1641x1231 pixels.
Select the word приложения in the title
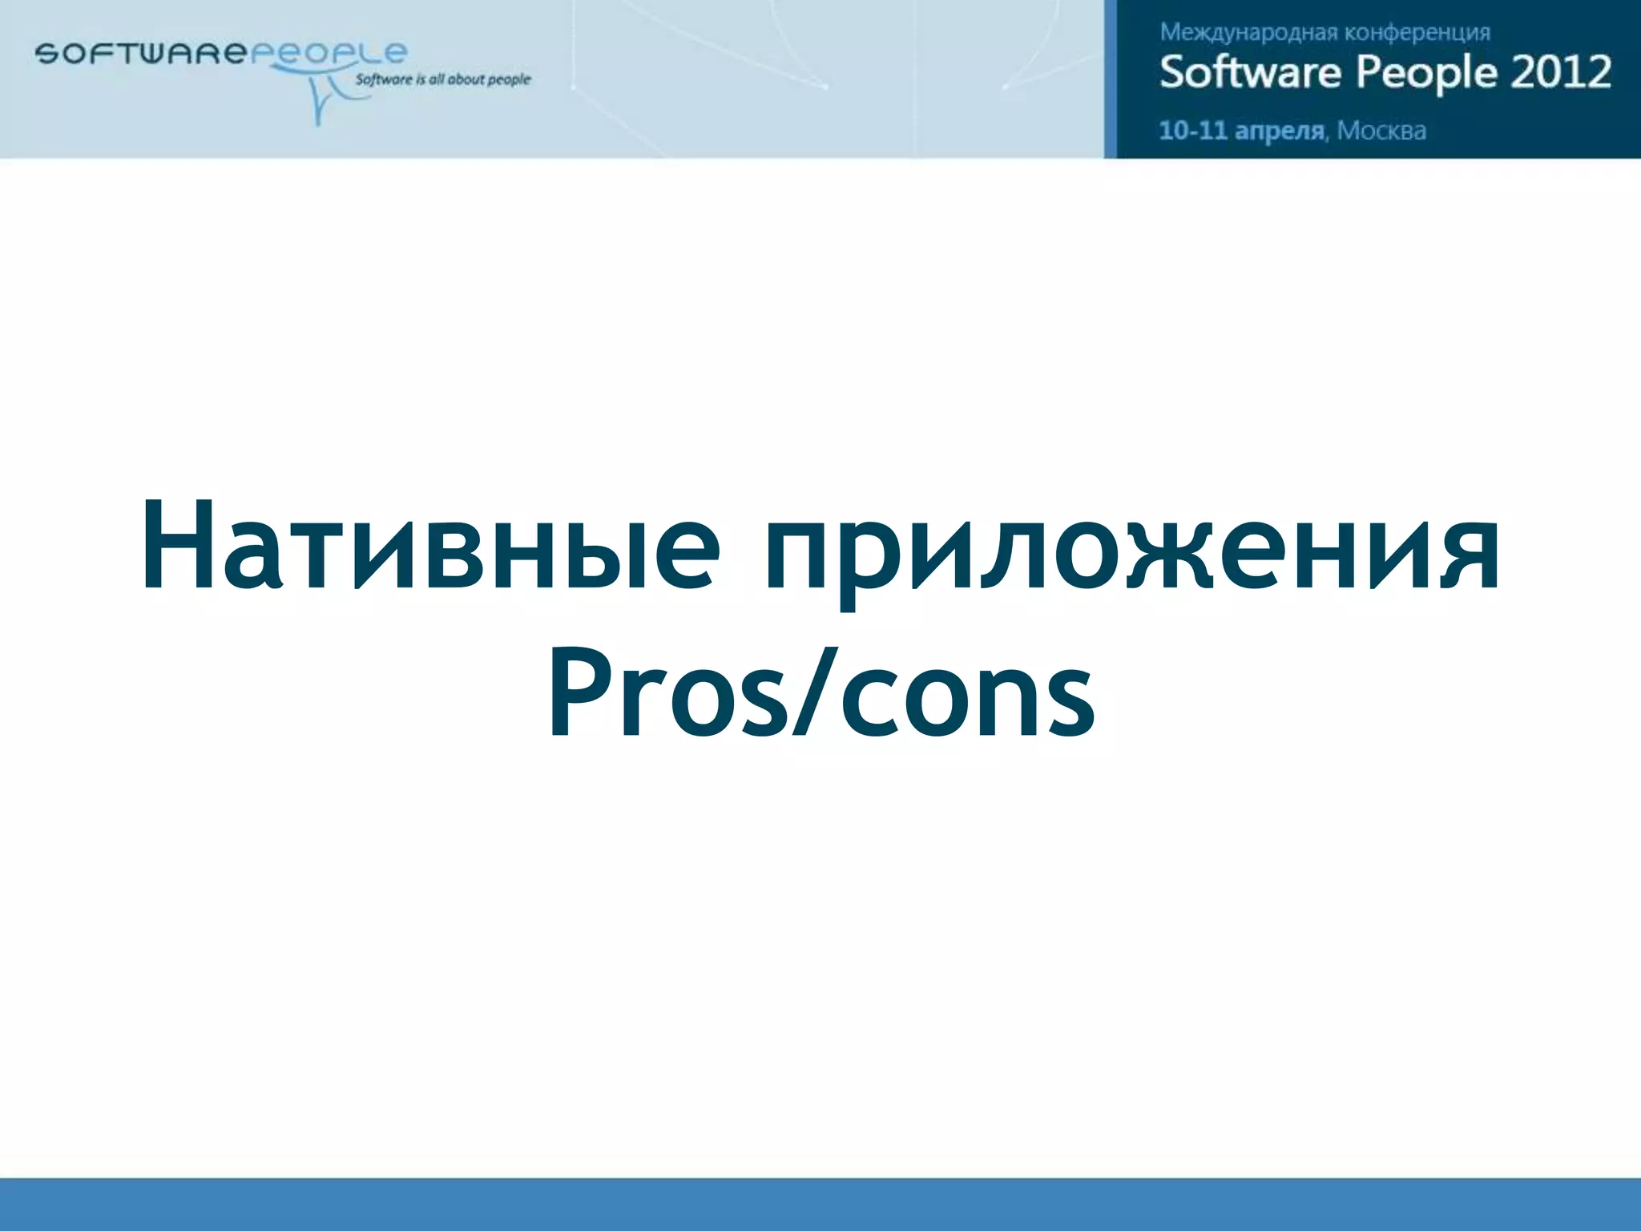pyautogui.click(x=1131, y=553)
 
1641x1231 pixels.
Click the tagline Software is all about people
pyautogui.click(x=442, y=79)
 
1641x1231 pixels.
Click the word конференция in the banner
pyautogui.click(x=1417, y=33)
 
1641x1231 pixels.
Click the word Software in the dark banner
pyautogui.click(x=1250, y=72)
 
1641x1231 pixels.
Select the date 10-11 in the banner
pyautogui.click(x=1193, y=130)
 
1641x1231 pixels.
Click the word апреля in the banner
pyautogui.click(x=1280, y=131)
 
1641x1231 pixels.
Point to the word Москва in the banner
pyautogui.click(x=1381, y=131)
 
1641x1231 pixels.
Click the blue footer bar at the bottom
pyautogui.click(x=820, y=1204)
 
